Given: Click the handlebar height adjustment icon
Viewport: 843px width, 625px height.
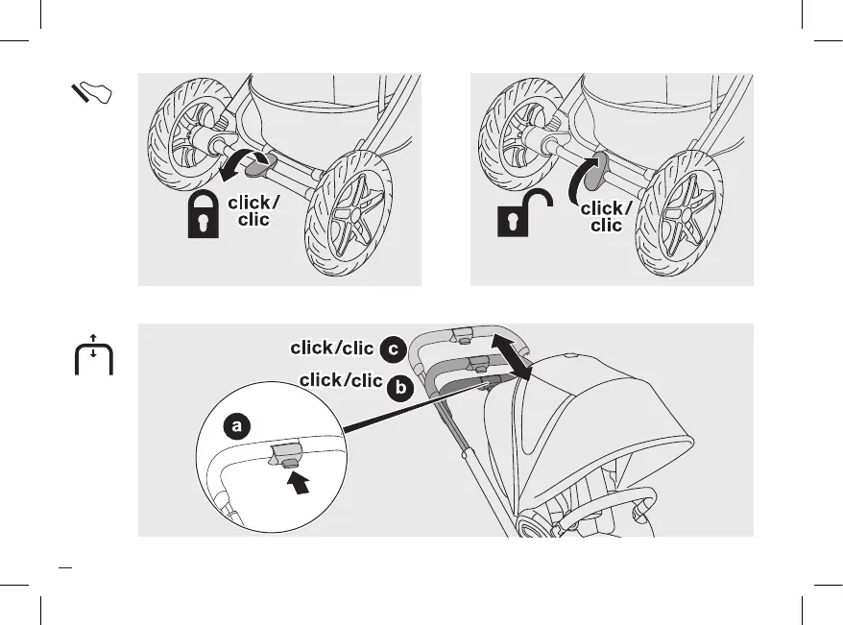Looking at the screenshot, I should pos(93,356).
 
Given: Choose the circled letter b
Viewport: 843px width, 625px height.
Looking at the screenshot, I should pos(400,387).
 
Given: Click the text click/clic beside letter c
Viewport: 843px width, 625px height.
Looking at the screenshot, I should pos(331,348).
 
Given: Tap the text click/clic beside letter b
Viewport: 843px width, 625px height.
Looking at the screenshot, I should pos(341,381).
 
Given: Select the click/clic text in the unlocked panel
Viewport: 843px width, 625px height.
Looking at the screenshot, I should pos(607,216).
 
